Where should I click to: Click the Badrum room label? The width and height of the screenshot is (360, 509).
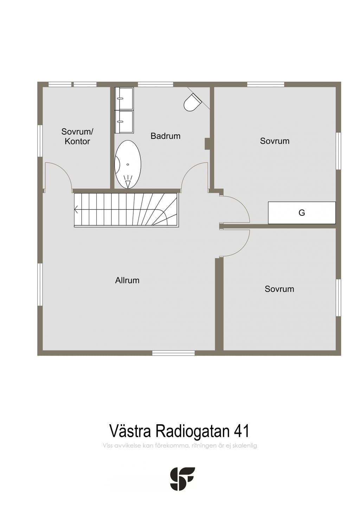point(166,136)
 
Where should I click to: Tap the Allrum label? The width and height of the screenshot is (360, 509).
point(127,280)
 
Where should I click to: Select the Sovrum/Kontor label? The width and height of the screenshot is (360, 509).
point(77,136)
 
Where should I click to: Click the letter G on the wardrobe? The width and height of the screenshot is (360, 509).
point(302,213)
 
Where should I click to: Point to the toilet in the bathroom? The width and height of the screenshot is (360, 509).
point(192,102)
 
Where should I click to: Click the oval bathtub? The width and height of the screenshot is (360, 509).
point(128,164)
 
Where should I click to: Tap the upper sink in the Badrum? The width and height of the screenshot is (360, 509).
point(124,99)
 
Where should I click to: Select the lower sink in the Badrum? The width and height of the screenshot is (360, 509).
point(124,122)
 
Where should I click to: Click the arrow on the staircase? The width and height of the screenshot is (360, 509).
point(76,209)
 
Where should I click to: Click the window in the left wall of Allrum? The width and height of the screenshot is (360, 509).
point(40,284)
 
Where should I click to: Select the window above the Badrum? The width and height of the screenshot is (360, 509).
point(156,84)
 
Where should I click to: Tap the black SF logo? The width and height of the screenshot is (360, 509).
point(182,479)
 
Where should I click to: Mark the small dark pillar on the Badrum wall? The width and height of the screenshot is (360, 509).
point(207,144)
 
